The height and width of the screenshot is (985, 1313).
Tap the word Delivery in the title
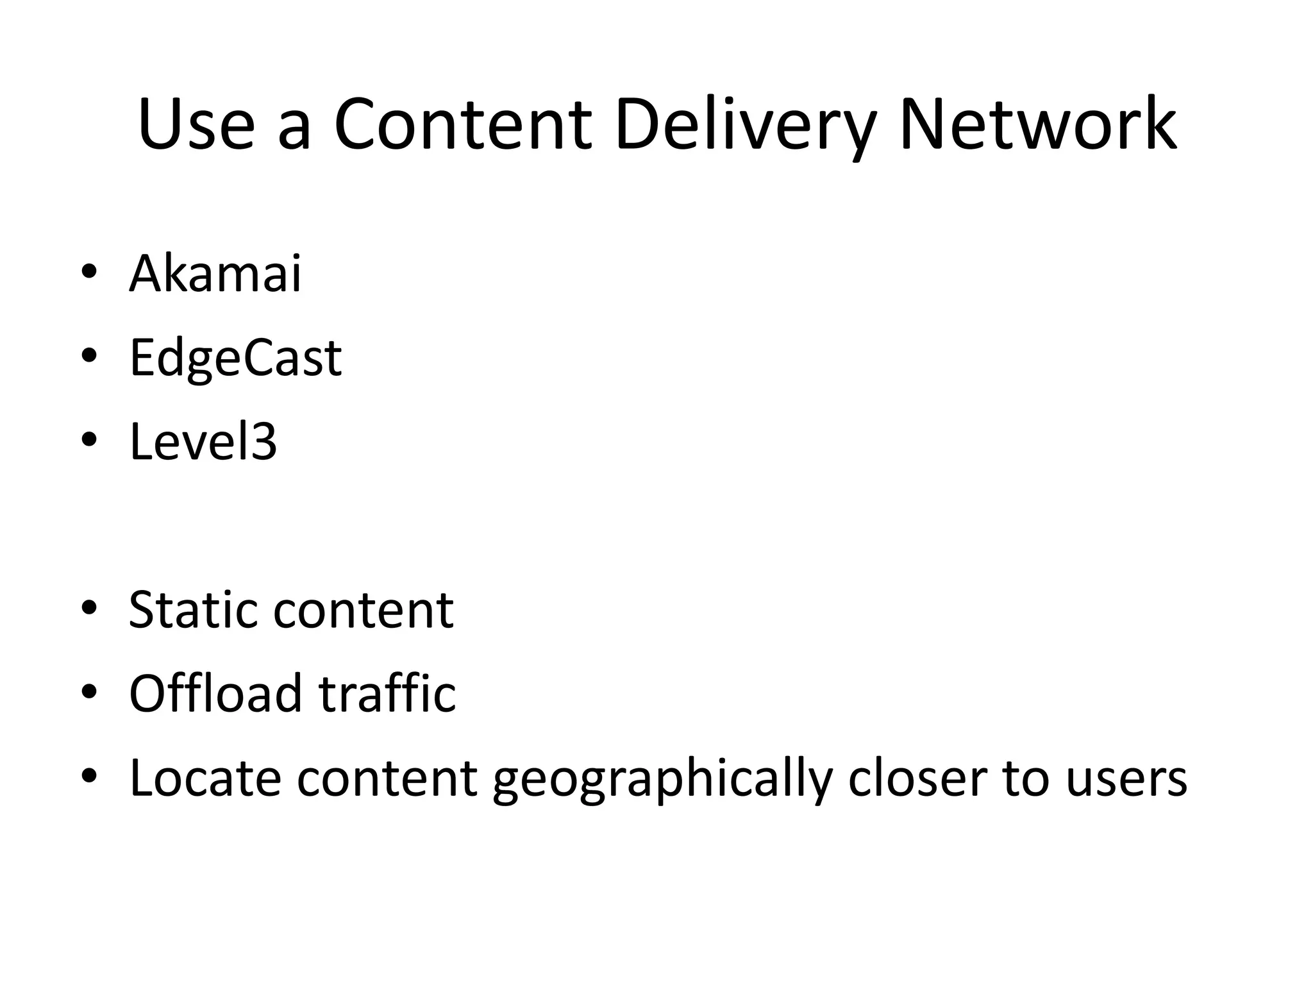(x=744, y=125)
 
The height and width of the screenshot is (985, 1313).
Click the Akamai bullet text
(x=215, y=274)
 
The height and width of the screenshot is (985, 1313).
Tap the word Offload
(x=215, y=693)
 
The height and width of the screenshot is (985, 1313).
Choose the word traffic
(x=387, y=693)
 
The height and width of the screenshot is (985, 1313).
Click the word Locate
(x=205, y=778)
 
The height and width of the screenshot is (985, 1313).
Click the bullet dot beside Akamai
(x=89, y=271)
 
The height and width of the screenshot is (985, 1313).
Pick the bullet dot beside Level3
(x=89, y=439)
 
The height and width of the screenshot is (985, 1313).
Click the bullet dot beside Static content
(x=89, y=607)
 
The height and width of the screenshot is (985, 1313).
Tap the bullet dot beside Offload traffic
(x=89, y=691)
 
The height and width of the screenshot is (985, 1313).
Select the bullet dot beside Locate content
(x=89, y=776)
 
